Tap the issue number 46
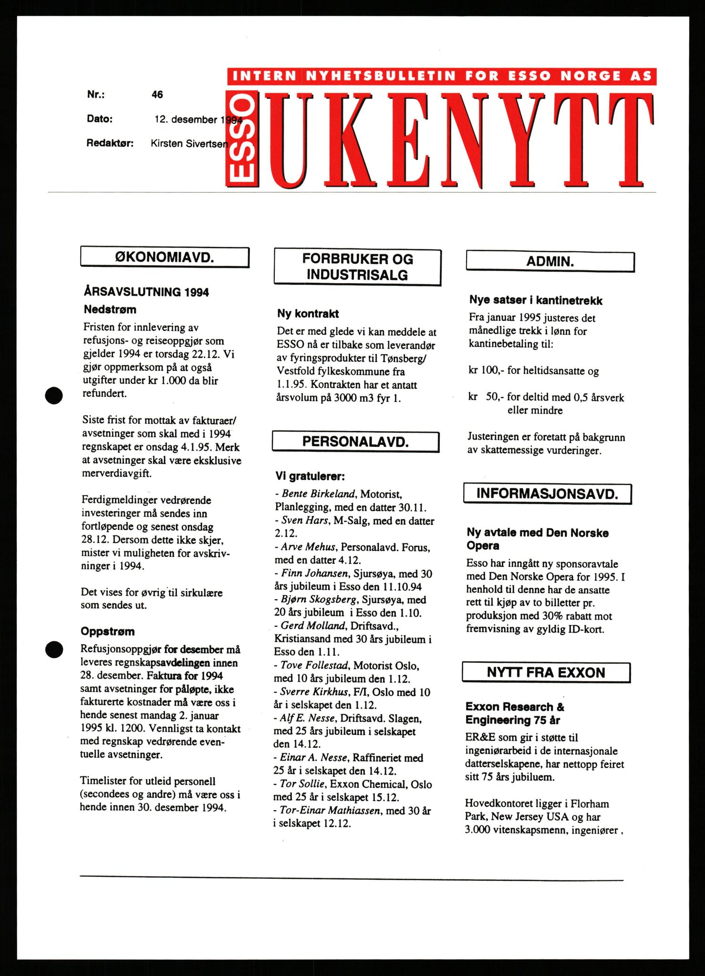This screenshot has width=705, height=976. (x=157, y=95)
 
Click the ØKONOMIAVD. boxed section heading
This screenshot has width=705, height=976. (x=165, y=258)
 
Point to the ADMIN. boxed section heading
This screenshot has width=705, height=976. (x=550, y=262)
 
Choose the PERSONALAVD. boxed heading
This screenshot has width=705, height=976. (x=355, y=442)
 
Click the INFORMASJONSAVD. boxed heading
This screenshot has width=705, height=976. (x=548, y=494)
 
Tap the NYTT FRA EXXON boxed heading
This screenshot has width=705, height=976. (x=546, y=672)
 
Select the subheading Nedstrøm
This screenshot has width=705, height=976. (x=110, y=310)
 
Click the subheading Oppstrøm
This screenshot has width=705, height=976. (x=108, y=631)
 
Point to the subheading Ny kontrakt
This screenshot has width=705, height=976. (x=308, y=314)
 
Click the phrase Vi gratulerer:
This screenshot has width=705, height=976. (x=310, y=476)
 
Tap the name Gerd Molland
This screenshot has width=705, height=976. (x=312, y=626)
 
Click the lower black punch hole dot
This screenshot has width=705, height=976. (x=54, y=650)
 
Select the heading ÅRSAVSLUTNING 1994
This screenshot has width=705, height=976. (x=146, y=292)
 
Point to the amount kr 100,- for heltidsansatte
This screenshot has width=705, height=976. (x=533, y=371)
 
